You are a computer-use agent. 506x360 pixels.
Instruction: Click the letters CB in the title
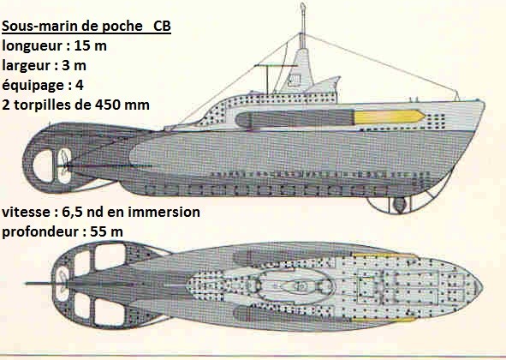coord(162,27)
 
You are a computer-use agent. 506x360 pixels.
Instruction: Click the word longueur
coord(33,46)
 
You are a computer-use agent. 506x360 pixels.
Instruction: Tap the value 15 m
coord(91,45)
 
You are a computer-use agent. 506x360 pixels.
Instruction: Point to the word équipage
coord(33,86)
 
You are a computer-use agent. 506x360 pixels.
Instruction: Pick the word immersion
coord(164,212)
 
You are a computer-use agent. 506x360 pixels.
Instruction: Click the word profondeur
coord(40,232)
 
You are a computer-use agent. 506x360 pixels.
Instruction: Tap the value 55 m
coord(106,231)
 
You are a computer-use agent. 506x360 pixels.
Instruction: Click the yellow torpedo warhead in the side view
coord(390,117)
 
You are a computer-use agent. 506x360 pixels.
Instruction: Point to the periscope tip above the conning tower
coord(303,6)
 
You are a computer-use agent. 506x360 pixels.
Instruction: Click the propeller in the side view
coord(65,165)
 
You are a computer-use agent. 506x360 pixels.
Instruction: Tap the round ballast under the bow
coord(400,205)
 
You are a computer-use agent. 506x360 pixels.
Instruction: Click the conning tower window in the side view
coord(295,80)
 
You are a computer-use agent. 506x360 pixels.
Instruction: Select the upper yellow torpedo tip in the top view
coord(384,256)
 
